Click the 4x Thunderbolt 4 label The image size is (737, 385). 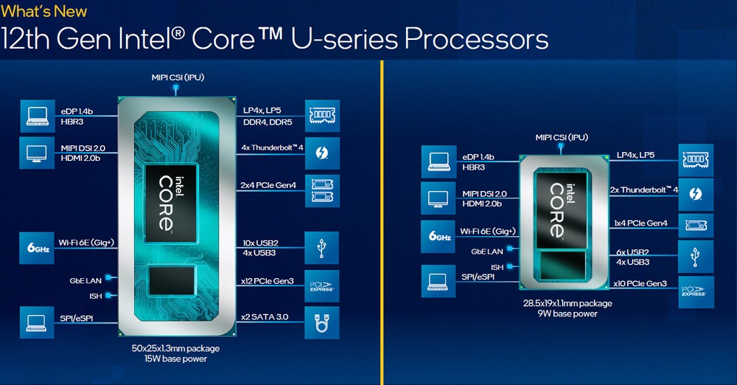click(273, 148)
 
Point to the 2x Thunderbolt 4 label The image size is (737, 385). click(643, 190)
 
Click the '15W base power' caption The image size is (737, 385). click(170, 359)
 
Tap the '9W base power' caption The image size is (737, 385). click(567, 313)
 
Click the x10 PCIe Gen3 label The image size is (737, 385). click(641, 284)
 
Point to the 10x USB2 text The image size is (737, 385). click(260, 242)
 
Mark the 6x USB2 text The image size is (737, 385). click(632, 252)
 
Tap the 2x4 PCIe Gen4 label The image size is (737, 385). click(269, 185)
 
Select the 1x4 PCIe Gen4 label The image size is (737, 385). click(641, 223)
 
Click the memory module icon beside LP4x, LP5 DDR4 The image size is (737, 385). click(322, 116)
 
